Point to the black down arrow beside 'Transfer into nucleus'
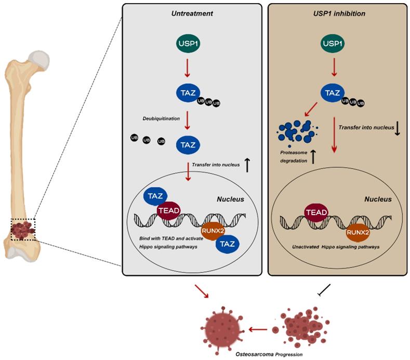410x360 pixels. coord(397,128)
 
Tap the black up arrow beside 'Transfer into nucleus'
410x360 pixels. coord(247,166)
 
